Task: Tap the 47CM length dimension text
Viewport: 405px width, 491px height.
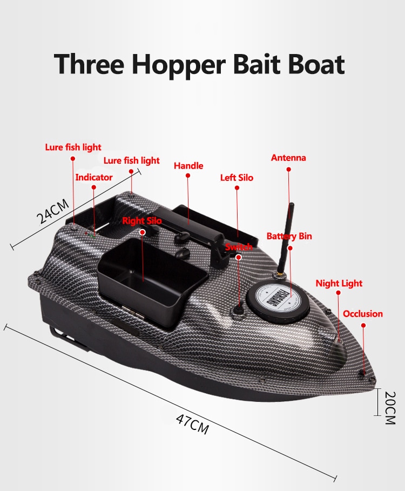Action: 192,425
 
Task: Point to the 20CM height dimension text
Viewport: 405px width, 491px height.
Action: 390,407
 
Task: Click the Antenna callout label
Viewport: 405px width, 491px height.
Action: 288,158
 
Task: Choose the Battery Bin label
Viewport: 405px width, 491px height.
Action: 289,236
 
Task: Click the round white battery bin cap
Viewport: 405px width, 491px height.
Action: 278,297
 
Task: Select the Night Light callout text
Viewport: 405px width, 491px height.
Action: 339,284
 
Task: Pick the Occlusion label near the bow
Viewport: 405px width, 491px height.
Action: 363,313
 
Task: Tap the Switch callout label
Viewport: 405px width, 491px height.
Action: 239,247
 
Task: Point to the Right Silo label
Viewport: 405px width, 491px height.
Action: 142,220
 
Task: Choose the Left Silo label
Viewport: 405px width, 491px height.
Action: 237,178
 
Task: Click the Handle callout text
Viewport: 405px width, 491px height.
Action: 188,166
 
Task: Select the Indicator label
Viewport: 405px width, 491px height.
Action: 94,177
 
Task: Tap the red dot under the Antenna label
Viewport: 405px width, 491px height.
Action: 288,169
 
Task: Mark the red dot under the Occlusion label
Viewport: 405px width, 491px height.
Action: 363,325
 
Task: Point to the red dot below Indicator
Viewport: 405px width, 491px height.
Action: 93,187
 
